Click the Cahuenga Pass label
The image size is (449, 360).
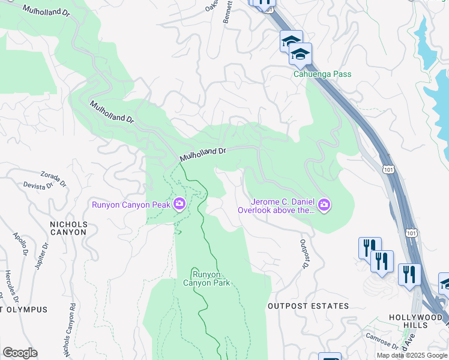tap(322, 74)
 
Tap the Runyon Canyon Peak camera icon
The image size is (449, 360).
tap(179, 205)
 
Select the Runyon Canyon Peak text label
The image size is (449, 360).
tap(130, 205)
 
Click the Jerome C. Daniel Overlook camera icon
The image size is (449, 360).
tap(325, 206)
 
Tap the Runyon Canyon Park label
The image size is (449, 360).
tap(206, 278)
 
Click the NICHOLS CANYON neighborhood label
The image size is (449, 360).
tap(68, 229)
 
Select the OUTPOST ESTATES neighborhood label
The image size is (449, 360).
tap(308, 306)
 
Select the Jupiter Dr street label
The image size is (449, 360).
tap(41, 255)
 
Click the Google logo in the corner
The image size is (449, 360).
tap(20, 353)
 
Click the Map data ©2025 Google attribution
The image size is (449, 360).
tap(412, 355)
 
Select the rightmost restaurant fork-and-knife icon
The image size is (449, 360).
tap(409, 275)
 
